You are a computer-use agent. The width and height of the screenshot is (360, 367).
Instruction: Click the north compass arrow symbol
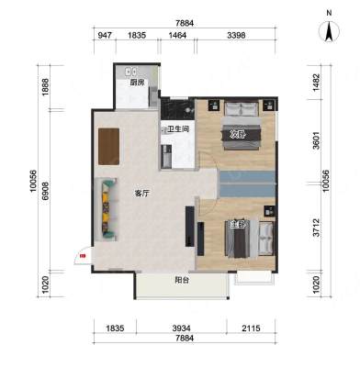point(329,32)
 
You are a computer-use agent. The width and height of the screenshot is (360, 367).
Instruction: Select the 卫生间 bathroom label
point(178,129)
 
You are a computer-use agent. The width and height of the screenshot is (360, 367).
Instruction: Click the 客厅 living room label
point(142,194)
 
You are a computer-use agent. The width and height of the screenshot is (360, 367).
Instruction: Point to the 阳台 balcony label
point(182,280)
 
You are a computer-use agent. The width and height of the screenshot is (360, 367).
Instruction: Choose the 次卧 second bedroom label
point(238,134)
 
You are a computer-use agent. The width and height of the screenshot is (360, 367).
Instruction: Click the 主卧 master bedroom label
point(238,225)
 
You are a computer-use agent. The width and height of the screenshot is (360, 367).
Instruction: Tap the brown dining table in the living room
point(109,147)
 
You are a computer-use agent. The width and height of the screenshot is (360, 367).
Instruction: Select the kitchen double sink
point(131,72)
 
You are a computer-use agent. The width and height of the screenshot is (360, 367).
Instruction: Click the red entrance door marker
point(82,256)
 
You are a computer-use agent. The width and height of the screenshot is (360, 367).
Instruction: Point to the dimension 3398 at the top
point(236,36)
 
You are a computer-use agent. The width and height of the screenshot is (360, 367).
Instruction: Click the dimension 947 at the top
point(105,36)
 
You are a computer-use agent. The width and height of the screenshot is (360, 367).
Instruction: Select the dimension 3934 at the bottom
point(181,328)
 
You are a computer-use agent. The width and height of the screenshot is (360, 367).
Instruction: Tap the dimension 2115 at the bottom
point(251,328)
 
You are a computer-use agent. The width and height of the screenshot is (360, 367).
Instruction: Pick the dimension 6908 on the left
point(46,191)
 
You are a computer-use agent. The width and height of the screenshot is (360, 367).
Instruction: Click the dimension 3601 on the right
point(317,140)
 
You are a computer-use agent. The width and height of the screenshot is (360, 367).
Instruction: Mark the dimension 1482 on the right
point(317,82)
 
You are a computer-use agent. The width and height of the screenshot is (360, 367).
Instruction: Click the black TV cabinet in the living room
point(190,227)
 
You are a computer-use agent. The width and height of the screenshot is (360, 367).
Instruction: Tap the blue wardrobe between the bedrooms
point(247,184)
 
